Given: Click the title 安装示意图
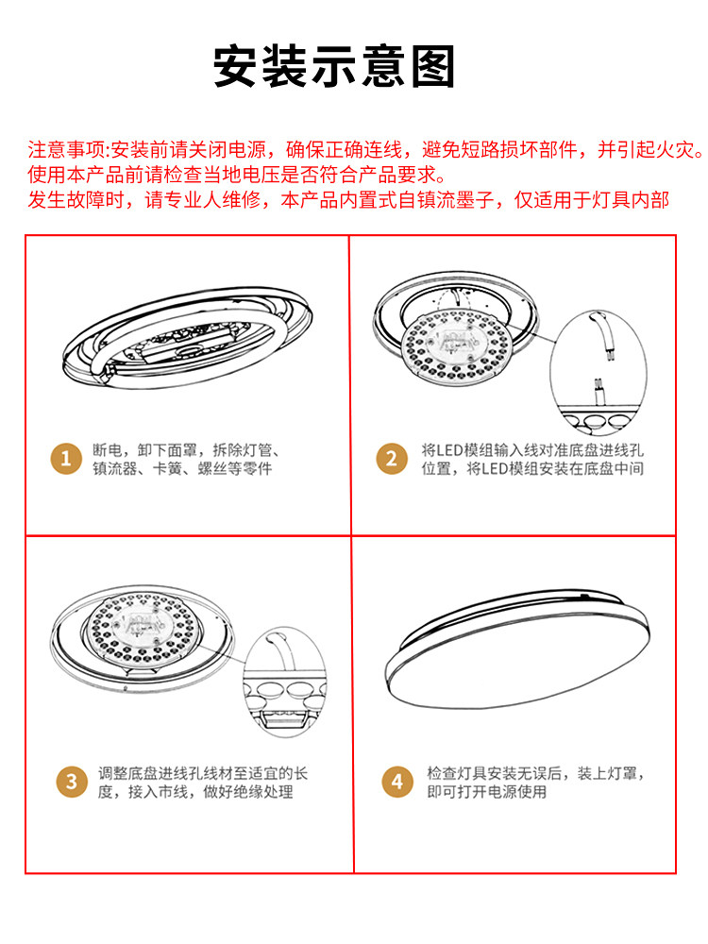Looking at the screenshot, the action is click(334, 66).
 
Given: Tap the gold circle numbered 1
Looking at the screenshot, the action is click(66, 459).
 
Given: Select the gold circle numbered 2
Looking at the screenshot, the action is click(392, 459).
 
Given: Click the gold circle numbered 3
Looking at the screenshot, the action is click(72, 782).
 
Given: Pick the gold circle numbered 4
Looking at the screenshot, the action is click(397, 782).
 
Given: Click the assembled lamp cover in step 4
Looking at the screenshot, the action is click(517, 649).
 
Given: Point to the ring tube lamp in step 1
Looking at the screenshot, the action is click(187, 338).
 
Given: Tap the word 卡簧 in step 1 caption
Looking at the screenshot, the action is click(167, 468).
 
